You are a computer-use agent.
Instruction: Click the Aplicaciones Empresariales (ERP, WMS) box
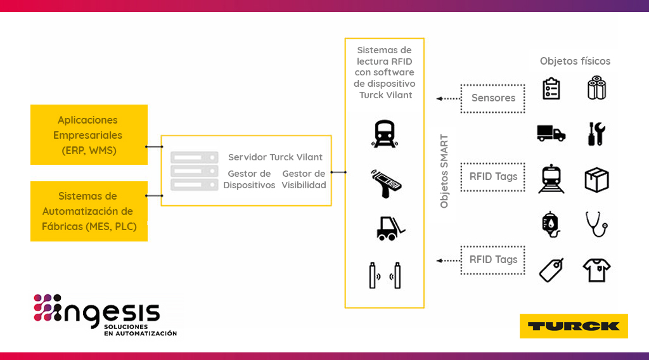tap(89, 135)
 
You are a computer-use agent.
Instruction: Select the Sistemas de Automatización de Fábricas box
tap(89, 211)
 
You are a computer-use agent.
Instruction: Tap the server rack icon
tap(194, 170)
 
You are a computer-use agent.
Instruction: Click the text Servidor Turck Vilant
tap(275, 157)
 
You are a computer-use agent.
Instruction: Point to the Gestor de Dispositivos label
tap(249, 179)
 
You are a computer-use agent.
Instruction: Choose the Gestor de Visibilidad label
tap(304, 179)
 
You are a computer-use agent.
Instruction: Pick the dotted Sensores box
tap(492, 98)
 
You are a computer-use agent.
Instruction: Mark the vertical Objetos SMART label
tap(444, 171)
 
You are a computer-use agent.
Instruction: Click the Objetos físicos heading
tap(575, 61)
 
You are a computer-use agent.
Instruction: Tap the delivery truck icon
tap(550, 133)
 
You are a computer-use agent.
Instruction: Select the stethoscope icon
tap(596, 224)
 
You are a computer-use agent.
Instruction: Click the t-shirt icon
tap(596, 270)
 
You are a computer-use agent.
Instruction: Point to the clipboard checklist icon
tap(551, 89)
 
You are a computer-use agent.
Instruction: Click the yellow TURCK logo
tap(574, 326)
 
